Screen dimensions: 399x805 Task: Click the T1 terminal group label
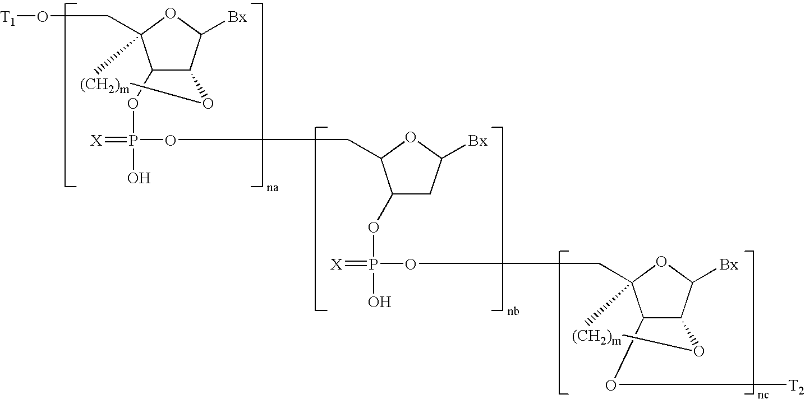pyautogui.click(x=10, y=18)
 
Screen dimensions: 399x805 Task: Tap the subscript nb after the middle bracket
pyautogui.click(x=512, y=312)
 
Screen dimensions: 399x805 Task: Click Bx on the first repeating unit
pyautogui.click(x=237, y=17)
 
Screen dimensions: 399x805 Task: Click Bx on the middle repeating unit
pyautogui.click(x=477, y=141)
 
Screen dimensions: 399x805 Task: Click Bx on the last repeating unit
pyautogui.click(x=729, y=265)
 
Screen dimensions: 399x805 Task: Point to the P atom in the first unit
pyautogui.click(x=133, y=141)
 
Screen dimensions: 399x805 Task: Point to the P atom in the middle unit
pyautogui.click(x=373, y=265)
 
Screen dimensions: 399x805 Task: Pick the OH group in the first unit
pyautogui.click(x=139, y=178)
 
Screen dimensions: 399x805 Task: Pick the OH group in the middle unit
pyautogui.click(x=379, y=302)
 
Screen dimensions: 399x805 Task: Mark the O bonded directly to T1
pyautogui.click(x=42, y=18)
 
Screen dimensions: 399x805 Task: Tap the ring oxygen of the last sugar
pyautogui.click(x=661, y=262)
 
